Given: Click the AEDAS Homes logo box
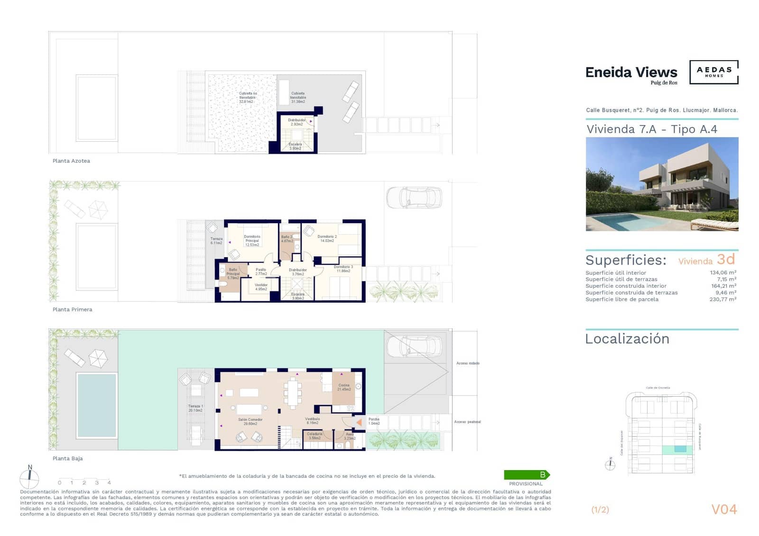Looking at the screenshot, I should [x=713, y=72].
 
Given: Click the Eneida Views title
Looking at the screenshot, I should [x=631, y=73].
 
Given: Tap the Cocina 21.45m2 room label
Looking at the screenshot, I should [x=344, y=387].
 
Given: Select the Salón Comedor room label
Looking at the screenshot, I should [x=250, y=421].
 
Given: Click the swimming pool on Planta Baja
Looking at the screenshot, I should [x=97, y=405].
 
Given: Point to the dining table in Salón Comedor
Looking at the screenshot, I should [x=293, y=394].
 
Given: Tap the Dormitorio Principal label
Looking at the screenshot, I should [x=252, y=240].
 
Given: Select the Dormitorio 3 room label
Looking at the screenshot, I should [x=343, y=269].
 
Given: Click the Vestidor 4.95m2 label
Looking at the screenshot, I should [x=261, y=287].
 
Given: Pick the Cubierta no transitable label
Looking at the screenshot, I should [x=248, y=97].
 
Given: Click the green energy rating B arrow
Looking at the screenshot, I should [x=527, y=474].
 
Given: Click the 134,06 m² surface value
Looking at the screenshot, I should [x=722, y=273].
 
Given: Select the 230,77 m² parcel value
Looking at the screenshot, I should [x=722, y=299].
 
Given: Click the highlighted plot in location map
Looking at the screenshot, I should [x=679, y=449].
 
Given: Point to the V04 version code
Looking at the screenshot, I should [x=724, y=509].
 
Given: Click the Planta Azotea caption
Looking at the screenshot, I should [x=71, y=161].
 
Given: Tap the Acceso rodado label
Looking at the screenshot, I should [x=468, y=363].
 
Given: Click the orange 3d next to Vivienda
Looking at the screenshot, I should [x=726, y=259].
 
